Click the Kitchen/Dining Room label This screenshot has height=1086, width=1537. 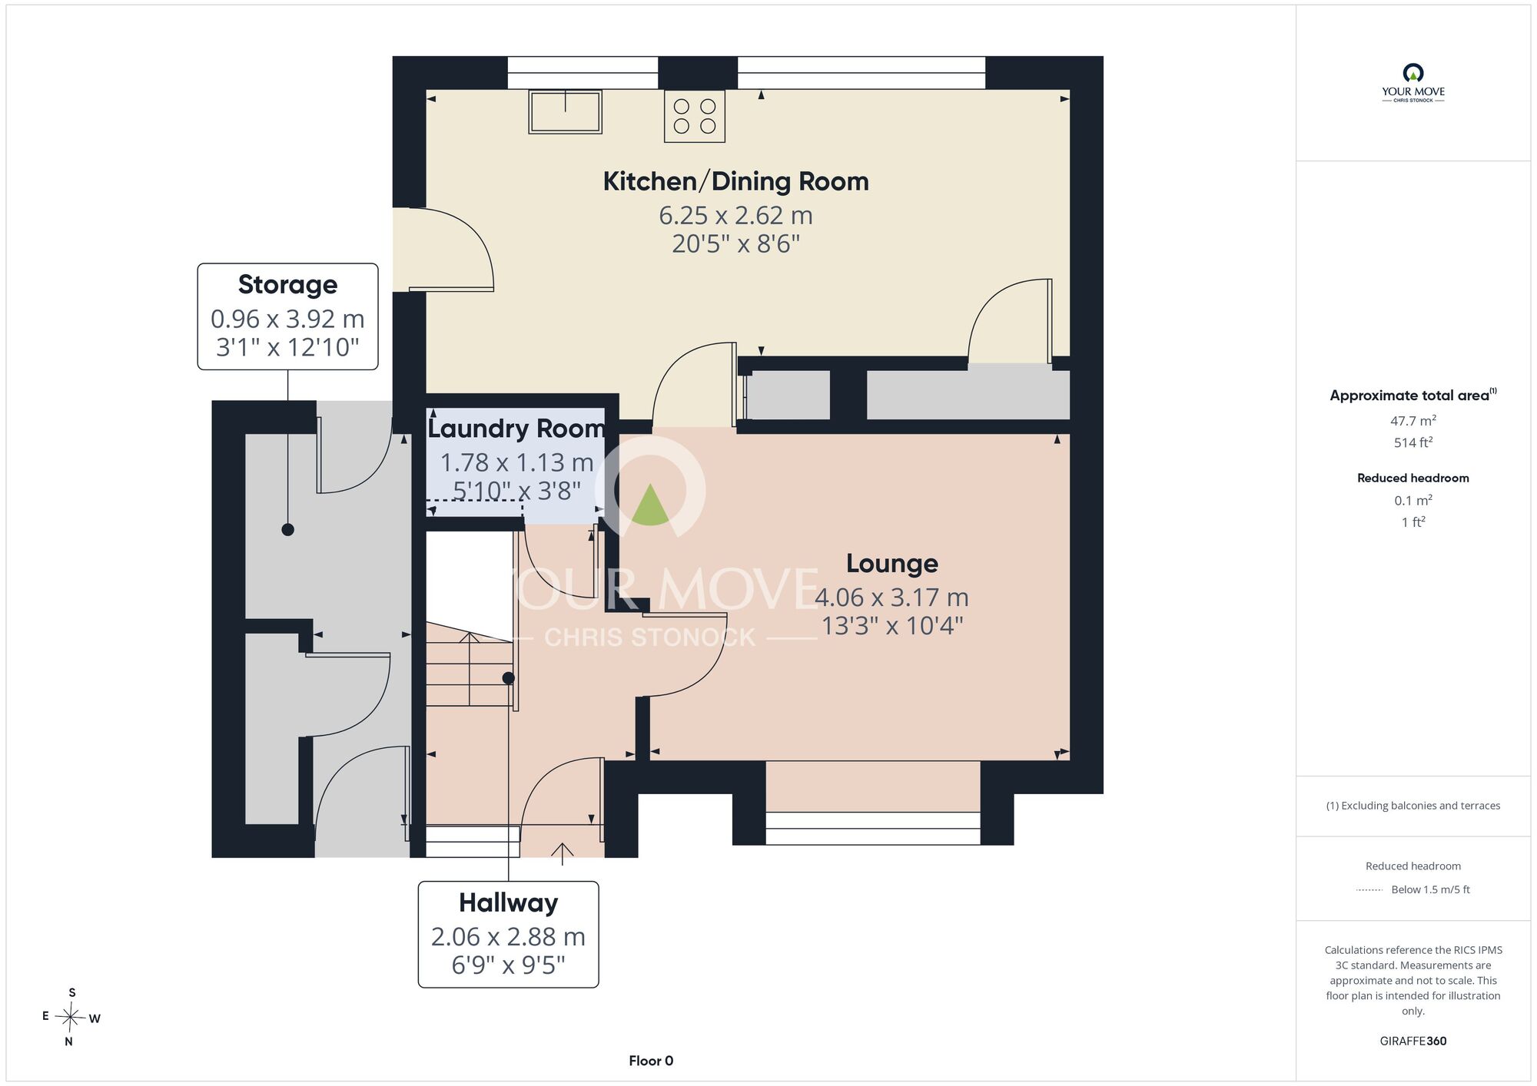(735, 181)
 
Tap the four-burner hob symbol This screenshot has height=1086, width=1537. (695, 116)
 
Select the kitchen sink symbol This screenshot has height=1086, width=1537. (565, 112)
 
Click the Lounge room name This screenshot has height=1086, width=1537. (892, 563)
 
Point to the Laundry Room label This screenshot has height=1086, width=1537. (516, 428)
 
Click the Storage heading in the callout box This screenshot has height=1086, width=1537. (287, 284)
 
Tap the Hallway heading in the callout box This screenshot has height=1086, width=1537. (508, 902)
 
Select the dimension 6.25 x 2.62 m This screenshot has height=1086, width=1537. (735, 215)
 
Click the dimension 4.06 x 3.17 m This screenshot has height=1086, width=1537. (891, 597)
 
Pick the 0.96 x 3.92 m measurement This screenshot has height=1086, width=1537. (287, 318)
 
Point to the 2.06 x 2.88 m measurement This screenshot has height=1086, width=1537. (508, 936)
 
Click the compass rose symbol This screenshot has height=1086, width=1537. (71, 1018)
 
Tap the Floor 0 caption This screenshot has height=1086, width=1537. (651, 1061)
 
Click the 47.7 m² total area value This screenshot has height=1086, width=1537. (1413, 421)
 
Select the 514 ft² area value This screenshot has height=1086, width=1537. (1413, 442)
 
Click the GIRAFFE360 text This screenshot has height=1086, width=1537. (1413, 1041)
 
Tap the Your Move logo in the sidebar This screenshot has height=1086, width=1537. (1413, 83)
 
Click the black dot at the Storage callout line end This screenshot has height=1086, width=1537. (287, 529)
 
